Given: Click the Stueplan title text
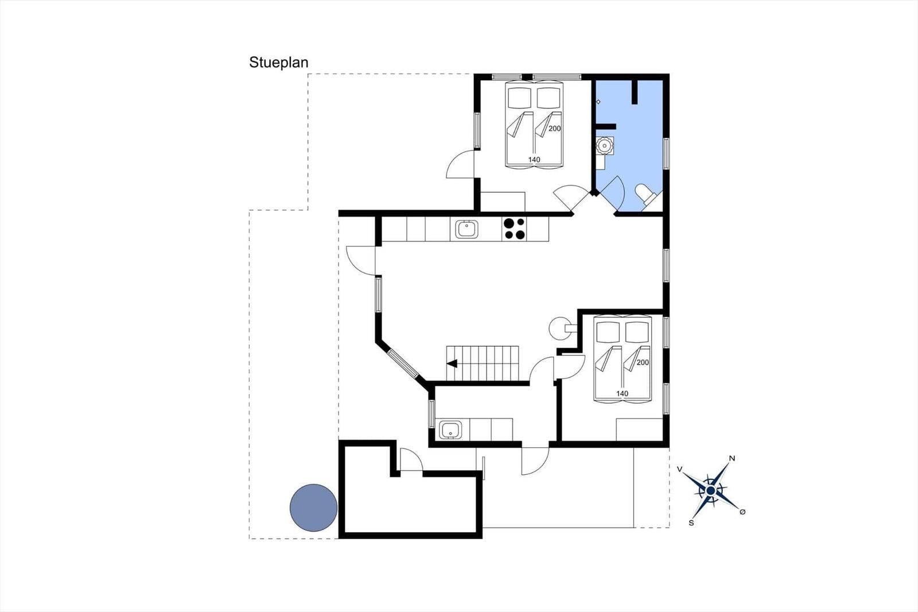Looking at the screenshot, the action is pyautogui.click(x=279, y=63).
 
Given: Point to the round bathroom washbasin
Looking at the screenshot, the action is pyautogui.click(x=604, y=146).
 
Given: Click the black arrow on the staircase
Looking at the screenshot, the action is pyautogui.click(x=452, y=363).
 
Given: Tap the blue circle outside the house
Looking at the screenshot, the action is pyautogui.click(x=313, y=508).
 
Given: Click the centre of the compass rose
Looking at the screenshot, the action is pyautogui.click(x=711, y=491).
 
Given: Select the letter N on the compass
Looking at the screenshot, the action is pyautogui.click(x=732, y=458).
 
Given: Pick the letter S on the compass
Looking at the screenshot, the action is pyautogui.click(x=691, y=523).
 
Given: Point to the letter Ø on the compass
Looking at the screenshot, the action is pyautogui.click(x=742, y=512).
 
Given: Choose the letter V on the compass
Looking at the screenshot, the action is pyautogui.click(x=680, y=469).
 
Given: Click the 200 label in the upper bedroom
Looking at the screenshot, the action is pyautogui.click(x=554, y=129).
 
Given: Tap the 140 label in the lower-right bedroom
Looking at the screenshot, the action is pyautogui.click(x=622, y=393).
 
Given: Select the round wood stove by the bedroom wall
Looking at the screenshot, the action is pyautogui.click(x=560, y=328).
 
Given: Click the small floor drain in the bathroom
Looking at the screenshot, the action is pyautogui.click(x=598, y=102).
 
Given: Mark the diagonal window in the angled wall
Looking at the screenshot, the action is pyautogui.click(x=403, y=363).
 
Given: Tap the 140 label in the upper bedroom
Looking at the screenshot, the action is pyautogui.click(x=534, y=160).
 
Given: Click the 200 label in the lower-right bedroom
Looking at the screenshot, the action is pyautogui.click(x=643, y=362).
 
